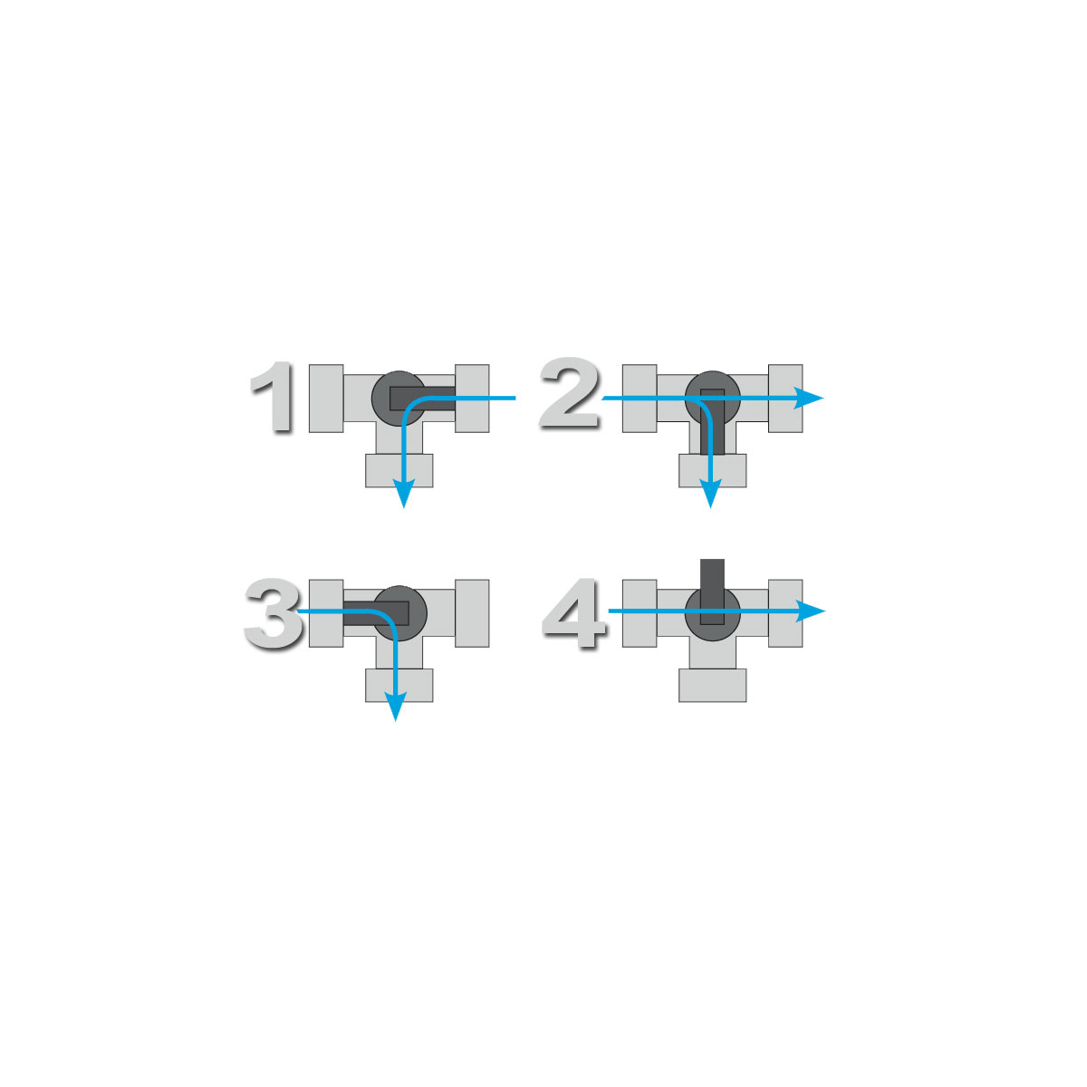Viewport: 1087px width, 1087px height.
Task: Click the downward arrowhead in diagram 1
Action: (x=403, y=493)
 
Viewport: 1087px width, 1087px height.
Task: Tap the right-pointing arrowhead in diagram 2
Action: (x=809, y=399)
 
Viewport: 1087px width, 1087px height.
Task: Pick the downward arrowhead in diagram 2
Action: (x=710, y=493)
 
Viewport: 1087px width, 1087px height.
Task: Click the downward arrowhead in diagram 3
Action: (x=396, y=707)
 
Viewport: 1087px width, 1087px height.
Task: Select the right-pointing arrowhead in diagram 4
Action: (x=810, y=611)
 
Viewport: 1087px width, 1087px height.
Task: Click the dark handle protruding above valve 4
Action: (x=712, y=575)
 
